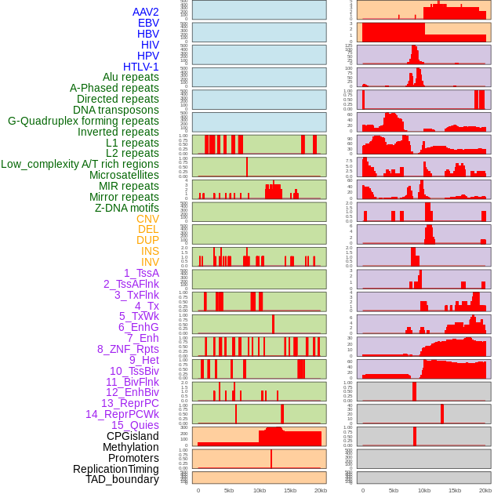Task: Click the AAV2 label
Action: (x=146, y=12)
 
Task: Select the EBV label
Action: (x=148, y=23)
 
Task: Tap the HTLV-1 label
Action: (x=141, y=67)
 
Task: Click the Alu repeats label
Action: (x=131, y=77)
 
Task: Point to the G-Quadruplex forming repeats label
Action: (x=83, y=121)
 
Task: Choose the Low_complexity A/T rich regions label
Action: (x=80, y=164)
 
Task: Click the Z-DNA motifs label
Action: (x=127, y=208)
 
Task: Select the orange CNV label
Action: (x=147, y=219)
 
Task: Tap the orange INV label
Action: (x=150, y=262)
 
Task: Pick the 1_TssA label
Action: (x=141, y=273)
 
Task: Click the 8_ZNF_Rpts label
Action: (x=128, y=349)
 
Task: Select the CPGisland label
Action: (x=133, y=436)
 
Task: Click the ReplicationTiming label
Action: (x=115, y=469)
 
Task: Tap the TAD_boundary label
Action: (x=122, y=479)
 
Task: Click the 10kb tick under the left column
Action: (x=259, y=490)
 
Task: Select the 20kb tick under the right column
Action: (x=485, y=490)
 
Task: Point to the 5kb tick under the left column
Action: (x=229, y=490)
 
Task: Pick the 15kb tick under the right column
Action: (x=455, y=490)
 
